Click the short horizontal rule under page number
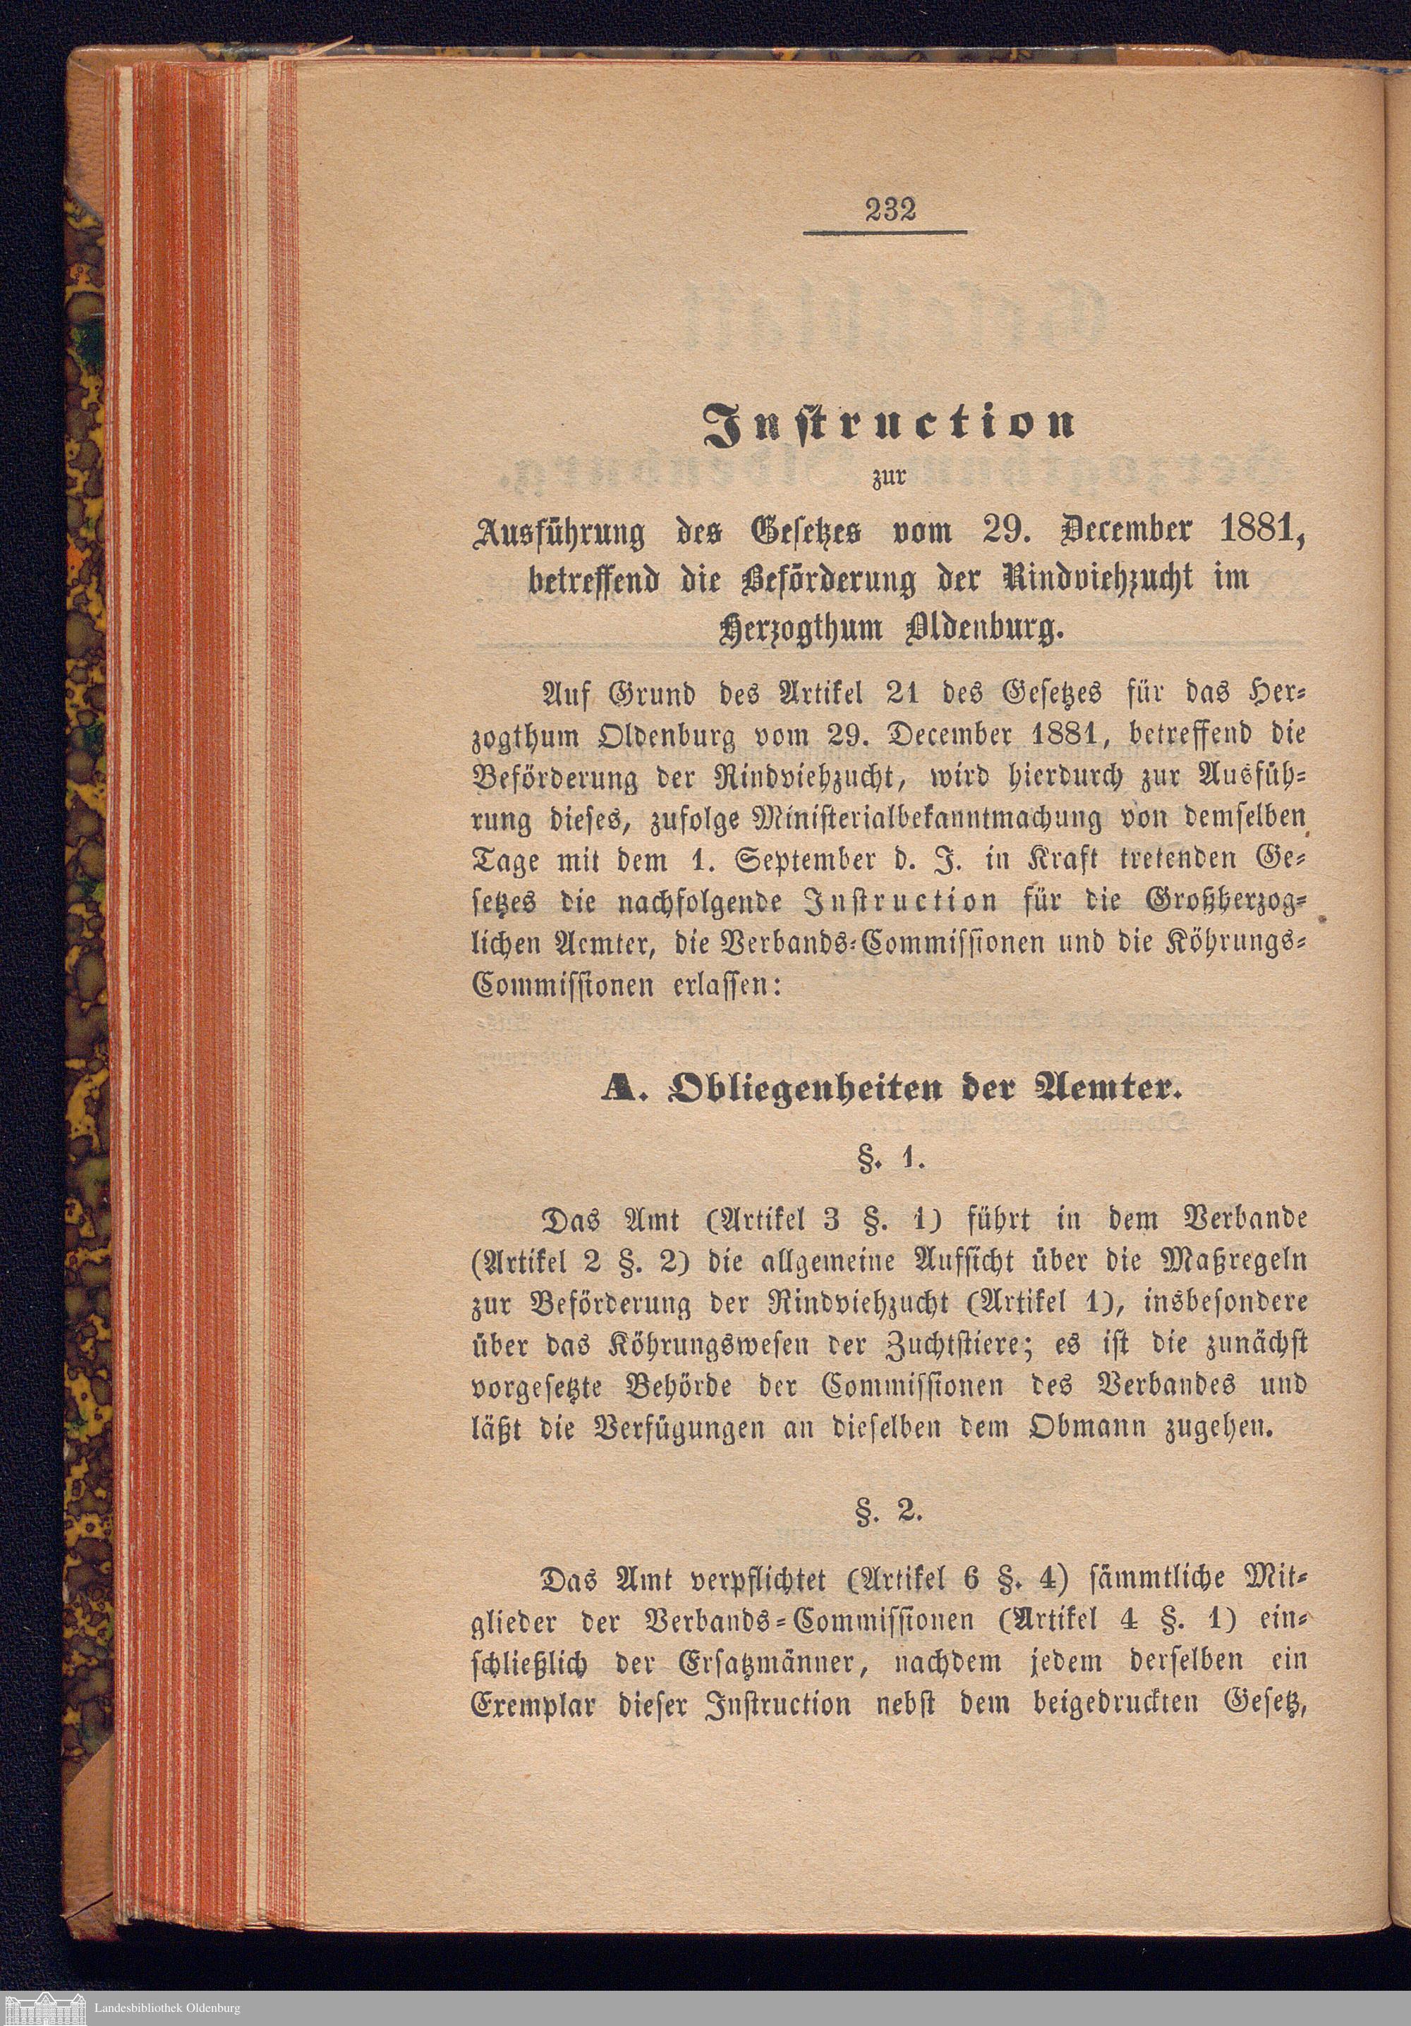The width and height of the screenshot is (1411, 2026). (x=885, y=232)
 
